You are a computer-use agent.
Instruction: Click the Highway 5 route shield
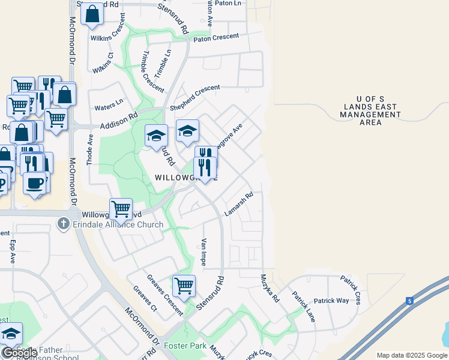point(409,301)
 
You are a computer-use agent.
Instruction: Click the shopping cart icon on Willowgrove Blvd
point(121,209)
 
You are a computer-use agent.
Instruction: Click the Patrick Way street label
point(331,301)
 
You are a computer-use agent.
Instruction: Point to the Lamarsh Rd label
point(240,204)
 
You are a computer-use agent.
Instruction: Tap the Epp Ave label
point(12,253)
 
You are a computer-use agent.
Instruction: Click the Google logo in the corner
point(20,353)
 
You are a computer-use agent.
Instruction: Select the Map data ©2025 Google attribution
point(411,355)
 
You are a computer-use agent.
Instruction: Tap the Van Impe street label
point(203,252)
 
